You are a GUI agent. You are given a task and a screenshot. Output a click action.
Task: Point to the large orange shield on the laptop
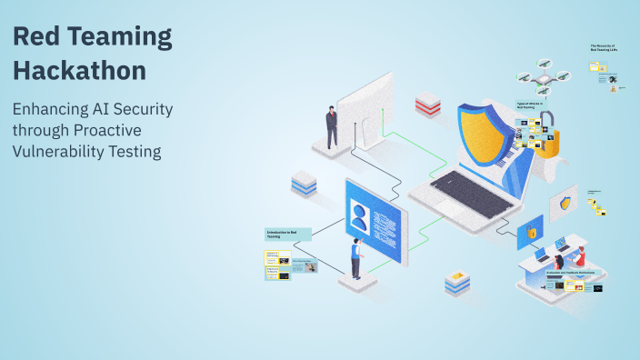[x=486, y=127]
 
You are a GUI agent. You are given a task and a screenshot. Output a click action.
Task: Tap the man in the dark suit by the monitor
[x=332, y=127]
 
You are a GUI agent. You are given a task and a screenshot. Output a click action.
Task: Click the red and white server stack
[x=428, y=105]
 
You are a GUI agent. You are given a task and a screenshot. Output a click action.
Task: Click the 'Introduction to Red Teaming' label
[x=286, y=235]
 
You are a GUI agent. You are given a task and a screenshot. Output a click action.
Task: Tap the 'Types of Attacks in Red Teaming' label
[x=531, y=105]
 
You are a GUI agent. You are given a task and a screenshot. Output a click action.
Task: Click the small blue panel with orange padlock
[x=530, y=233]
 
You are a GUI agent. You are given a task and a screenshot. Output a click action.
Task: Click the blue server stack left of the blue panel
[x=303, y=185]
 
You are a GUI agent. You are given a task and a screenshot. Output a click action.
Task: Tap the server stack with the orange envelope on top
[x=457, y=284]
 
